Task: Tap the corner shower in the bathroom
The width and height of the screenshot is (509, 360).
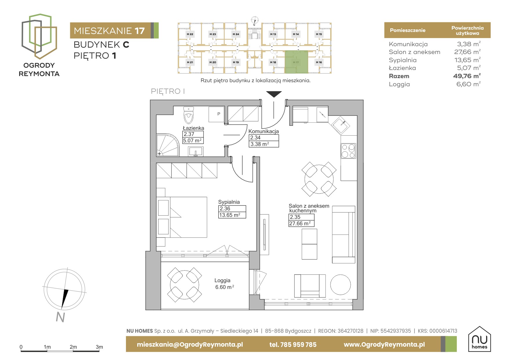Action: tap(167, 145)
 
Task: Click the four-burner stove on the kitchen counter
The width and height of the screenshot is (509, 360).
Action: tap(348, 151)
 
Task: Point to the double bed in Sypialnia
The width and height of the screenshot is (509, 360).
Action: tap(182, 217)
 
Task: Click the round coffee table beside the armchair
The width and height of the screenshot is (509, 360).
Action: tap(340, 285)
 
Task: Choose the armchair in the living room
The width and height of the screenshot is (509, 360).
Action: tap(310, 286)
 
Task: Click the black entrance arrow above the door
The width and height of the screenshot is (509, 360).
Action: tap(274, 94)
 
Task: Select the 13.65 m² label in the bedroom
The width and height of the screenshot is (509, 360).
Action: tap(230, 215)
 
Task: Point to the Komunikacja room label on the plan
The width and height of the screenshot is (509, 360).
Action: tap(263, 131)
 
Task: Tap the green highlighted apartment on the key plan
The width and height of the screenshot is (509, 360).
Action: tap(296, 62)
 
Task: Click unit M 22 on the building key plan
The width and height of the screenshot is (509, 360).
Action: tap(190, 34)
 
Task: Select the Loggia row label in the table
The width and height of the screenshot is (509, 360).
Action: tap(399, 84)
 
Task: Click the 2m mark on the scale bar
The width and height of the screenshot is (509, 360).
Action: tap(73, 347)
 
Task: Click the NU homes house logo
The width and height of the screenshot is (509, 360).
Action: tap(479, 339)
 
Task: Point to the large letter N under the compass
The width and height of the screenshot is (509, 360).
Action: tap(60, 317)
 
